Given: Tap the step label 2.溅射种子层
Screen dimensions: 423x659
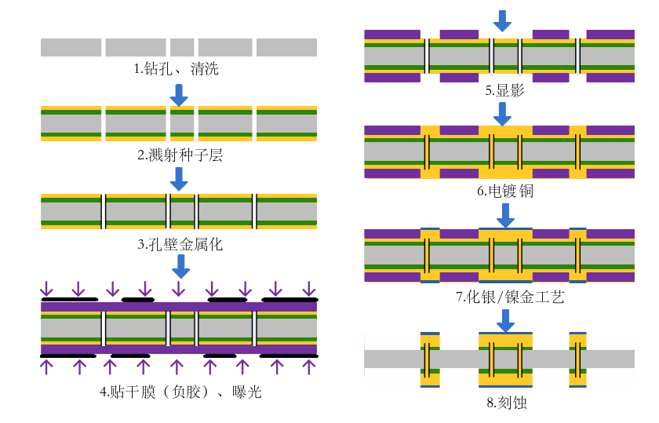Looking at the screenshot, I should [180, 155].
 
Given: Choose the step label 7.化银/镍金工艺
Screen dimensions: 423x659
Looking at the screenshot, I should [504, 297].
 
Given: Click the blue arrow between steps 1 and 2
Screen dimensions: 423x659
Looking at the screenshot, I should [180, 95].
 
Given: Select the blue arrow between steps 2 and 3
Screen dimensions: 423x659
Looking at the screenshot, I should [180, 180].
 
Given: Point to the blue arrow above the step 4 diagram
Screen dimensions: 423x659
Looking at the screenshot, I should [180, 267].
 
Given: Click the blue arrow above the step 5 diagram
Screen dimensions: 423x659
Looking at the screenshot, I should [503, 20].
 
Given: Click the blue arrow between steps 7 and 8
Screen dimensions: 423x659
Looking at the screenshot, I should [506, 320].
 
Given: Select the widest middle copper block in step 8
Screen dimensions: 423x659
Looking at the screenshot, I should [505, 359].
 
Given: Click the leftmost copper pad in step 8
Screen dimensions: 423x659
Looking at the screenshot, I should [430, 359].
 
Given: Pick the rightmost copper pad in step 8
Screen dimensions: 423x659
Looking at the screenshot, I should [578, 359].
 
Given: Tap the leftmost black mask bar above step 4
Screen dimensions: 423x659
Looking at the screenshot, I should [69, 299].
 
